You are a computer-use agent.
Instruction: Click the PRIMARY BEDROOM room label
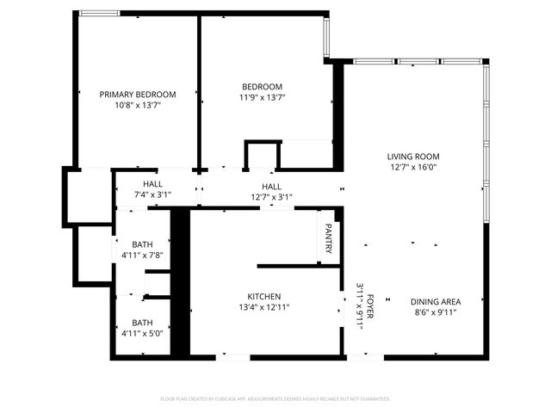click(138, 95)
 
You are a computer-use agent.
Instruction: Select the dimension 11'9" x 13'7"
click(262, 97)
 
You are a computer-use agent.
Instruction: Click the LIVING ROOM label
click(413, 157)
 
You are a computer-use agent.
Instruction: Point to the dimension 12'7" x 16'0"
click(413, 168)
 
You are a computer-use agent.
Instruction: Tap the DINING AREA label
click(436, 301)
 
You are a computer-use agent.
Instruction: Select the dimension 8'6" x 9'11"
click(436, 312)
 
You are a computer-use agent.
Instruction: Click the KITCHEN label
click(264, 296)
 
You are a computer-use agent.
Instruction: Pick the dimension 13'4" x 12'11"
click(264, 307)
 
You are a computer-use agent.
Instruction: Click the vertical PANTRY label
click(328, 238)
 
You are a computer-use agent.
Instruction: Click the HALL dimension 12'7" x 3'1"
click(271, 197)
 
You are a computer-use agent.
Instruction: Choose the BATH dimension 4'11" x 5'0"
click(142, 332)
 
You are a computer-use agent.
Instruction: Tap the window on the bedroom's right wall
click(326, 34)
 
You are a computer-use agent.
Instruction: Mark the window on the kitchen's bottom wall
click(234, 357)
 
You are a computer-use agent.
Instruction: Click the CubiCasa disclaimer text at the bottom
click(275, 398)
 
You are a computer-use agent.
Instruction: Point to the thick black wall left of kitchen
click(180, 284)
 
